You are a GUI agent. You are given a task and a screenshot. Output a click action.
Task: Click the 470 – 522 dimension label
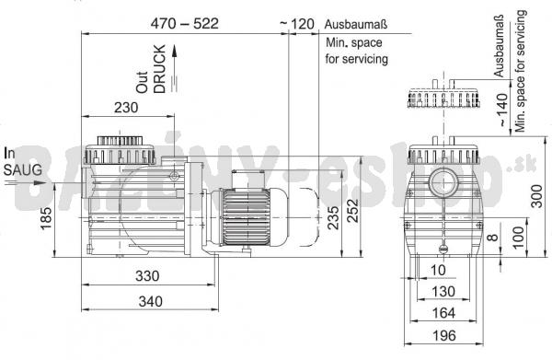point(185,24)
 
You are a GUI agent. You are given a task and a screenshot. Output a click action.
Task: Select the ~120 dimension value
point(297,24)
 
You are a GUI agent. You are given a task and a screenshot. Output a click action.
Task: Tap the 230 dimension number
point(126,108)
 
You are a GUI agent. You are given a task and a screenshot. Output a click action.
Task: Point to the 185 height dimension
point(46,218)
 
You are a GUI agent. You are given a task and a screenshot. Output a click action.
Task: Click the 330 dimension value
point(147,276)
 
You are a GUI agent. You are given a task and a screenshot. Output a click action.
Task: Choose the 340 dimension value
point(150,301)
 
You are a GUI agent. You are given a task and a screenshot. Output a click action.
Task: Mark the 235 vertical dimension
point(333,217)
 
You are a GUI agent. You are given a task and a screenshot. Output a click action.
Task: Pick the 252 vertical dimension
point(352,211)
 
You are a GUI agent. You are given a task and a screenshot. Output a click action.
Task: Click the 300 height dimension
point(536,196)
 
